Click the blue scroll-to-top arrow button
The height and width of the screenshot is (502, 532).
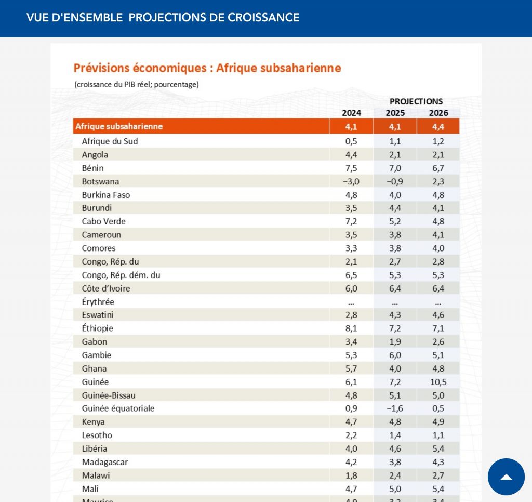pyautogui.click(x=506, y=477)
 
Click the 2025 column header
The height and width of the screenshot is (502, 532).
pyautogui.click(x=395, y=113)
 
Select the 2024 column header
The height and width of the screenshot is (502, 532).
pyautogui.click(x=351, y=113)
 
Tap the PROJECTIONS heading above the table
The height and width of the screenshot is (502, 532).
pyautogui.click(x=416, y=101)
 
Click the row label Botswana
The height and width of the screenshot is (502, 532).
pyautogui.click(x=100, y=181)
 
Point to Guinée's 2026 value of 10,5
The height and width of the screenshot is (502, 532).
pyautogui.click(x=438, y=382)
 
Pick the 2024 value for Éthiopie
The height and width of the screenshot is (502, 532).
pyautogui.click(x=351, y=328)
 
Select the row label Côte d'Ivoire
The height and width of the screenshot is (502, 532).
pyautogui.click(x=106, y=288)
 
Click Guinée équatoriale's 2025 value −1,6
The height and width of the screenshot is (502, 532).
pyautogui.click(x=395, y=408)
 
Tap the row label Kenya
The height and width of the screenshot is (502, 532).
pyautogui.click(x=94, y=422)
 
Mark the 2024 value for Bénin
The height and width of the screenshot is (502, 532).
pyautogui.click(x=351, y=168)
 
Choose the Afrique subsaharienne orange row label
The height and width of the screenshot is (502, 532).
pyautogui.click(x=119, y=126)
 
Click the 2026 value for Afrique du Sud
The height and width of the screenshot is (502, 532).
pyautogui.click(x=438, y=141)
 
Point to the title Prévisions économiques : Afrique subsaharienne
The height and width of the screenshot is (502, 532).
pyautogui.click(x=207, y=68)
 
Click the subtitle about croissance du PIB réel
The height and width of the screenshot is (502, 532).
pyautogui.click(x=137, y=84)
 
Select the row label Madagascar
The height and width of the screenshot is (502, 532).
pyautogui.click(x=105, y=462)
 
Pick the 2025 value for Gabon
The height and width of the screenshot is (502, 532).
pyautogui.click(x=395, y=342)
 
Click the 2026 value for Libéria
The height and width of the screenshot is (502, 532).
pyautogui.click(x=438, y=448)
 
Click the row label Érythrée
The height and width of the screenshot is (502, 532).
pyautogui.click(x=98, y=302)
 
